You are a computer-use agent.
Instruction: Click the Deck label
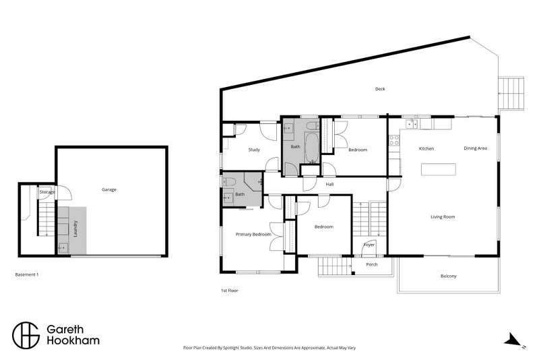click(x=380, y=89)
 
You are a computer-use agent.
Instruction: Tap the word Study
click(x=254, y=150)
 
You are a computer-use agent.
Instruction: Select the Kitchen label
click(x=426, y=148)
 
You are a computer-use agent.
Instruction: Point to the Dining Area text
click(x=475, y=148)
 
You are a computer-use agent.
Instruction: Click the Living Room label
click(x=443, y=216)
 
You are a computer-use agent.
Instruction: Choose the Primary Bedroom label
click(x=253, y=235)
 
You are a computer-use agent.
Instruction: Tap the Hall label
click(x=330, y=184)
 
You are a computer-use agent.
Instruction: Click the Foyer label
click(x=369, y=244)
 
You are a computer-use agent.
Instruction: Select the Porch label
click(x=371, y=264)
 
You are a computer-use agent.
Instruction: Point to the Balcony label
click(x=448, y=276)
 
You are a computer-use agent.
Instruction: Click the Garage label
click(x=109, y=189)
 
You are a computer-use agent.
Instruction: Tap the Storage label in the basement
click(x=46, y=192)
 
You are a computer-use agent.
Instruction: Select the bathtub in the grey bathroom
click(x=312, y=146)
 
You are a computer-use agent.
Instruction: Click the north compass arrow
click(x=513, y=340)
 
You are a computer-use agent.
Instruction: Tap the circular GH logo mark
click(x=26, y=334)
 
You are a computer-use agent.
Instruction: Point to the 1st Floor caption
click(x=230, y=291)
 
